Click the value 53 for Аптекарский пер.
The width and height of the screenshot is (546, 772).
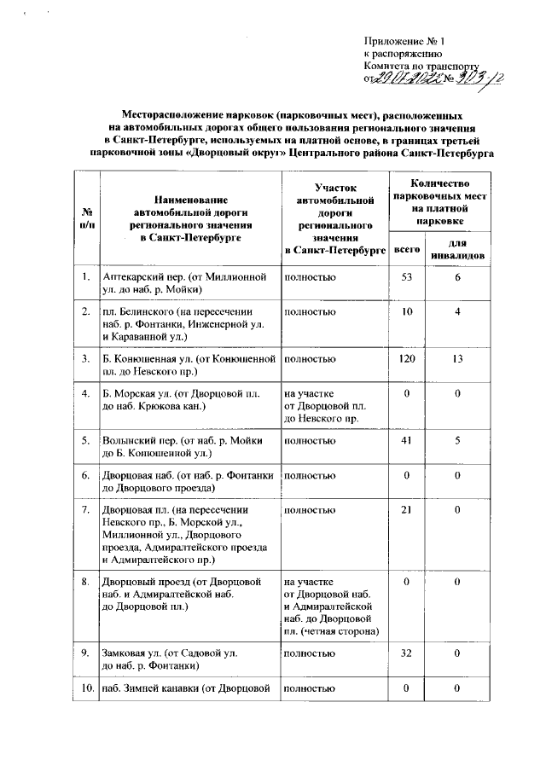406,278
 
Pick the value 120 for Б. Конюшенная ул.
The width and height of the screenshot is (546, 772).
406,358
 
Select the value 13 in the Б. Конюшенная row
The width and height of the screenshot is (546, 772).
458,358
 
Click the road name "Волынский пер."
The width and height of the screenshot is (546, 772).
132,441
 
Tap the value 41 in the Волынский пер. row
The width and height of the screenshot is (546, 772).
406,441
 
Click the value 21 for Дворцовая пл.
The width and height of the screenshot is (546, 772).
406,509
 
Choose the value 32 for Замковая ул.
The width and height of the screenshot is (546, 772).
406,653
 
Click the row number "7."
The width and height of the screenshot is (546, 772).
87,509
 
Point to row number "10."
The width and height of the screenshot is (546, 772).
87,688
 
